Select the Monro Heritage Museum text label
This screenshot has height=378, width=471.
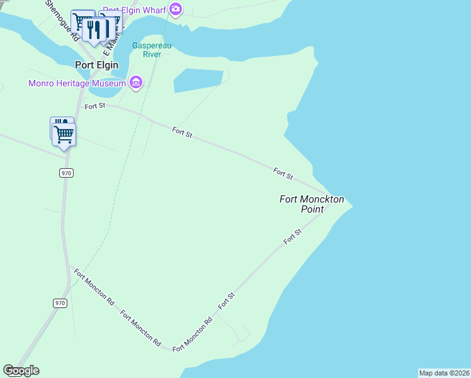point(77,83)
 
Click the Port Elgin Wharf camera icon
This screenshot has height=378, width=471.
point(176,9)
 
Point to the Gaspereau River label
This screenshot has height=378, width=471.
point(147,50)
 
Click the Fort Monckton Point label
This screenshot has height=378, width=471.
point(312,204)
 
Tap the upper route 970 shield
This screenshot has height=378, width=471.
point(67,173)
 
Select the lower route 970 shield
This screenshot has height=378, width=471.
point(60,303)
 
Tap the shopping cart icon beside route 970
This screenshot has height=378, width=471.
point(64,134)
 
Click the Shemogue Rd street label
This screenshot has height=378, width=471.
point(61,19)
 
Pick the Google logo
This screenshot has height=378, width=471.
point(21,370)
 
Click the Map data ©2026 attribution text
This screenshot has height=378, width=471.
point(444,373)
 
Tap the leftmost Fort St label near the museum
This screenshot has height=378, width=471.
point(95,106)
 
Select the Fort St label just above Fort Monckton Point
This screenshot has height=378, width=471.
point(283,173)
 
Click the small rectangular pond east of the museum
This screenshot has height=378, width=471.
point(198,81)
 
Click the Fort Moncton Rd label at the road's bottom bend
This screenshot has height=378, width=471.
point(192,334)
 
